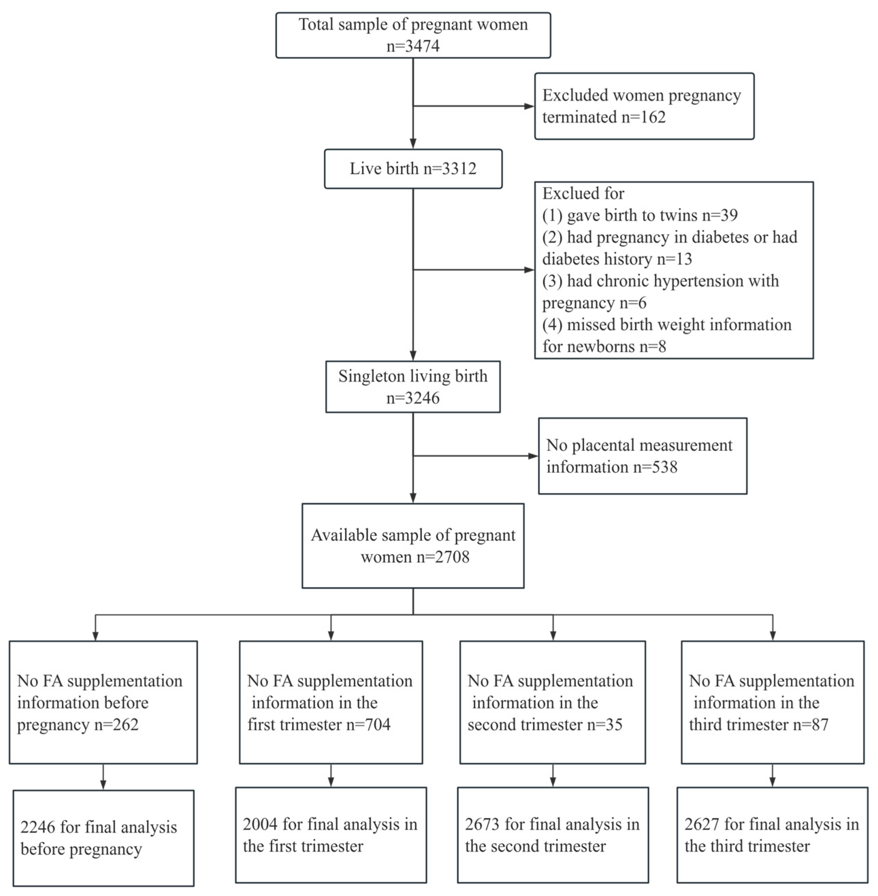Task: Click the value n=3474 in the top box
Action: coord(413,46)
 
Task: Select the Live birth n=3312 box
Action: coord(413,169)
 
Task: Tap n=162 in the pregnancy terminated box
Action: coord(643,117)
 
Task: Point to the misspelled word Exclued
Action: coord(583,193)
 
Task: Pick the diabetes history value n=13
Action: coord(674,259)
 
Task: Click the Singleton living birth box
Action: coord(413,387)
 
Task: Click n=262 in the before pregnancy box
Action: coord(116,724)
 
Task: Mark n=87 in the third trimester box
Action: coord(810,724)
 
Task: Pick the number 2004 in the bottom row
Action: coord(260,825)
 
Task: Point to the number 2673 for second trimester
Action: coord(482,825)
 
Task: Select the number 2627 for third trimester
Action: coord(702,825)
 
